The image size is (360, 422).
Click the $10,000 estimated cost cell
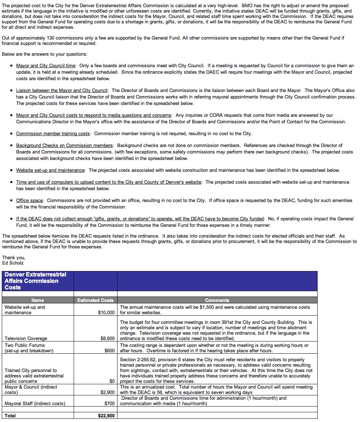(x=106, y=313)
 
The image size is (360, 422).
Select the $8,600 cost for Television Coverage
(x=107, y=339)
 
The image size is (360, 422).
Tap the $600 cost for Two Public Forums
(x=110, y=351)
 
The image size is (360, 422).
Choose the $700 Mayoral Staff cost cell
(x=110, y=404)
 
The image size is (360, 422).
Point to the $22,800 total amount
(x=106, y=416)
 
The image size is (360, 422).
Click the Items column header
(x=38, y=300)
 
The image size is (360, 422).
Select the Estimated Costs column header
(x=95, y=300)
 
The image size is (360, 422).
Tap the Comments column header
(x=217, y=300)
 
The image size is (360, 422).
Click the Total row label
(x=10, y=416)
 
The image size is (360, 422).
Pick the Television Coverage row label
(x=26, y=339)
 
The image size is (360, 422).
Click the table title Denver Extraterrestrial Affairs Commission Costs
(x=35, y=281)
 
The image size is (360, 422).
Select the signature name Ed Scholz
(x=13, y=263)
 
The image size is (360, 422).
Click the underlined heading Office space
(x=29, y=201)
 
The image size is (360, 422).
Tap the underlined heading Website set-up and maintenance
(x=50, y=170)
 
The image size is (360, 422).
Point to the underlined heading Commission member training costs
(x=53, y=134)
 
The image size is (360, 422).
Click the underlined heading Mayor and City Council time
(x=46, y=66)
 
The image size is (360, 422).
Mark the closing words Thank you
(x=14, y=257)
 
